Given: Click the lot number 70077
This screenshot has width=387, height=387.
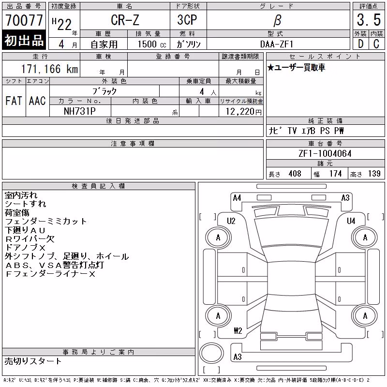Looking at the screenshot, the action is [24, 20].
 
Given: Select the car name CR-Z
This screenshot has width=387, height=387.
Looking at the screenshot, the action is [125, 20].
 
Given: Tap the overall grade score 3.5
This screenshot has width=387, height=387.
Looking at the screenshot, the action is [369, 20].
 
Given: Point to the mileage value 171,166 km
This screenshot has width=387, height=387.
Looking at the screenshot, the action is [50, 69].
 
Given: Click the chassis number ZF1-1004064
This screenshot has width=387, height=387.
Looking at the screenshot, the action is [325, 153].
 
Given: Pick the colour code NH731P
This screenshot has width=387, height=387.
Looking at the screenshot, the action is [79, 111].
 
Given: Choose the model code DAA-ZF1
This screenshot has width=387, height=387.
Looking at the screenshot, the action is [277, 44].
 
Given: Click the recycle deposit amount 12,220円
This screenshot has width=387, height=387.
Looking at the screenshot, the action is [243, 112].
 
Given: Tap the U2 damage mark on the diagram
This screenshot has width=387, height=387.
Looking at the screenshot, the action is [231, 221].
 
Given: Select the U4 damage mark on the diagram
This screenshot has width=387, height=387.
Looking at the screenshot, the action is [351, 221].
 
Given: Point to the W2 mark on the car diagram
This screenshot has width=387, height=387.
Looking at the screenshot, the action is [238, 331].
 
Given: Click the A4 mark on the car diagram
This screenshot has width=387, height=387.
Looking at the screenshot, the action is [237, 198].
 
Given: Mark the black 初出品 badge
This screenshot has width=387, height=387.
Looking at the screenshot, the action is [24, 40].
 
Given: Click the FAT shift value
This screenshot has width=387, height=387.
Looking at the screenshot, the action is [14, 101].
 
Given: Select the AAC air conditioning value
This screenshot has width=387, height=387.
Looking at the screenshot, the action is [37, 101].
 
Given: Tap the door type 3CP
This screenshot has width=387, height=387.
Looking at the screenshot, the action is [187, 20].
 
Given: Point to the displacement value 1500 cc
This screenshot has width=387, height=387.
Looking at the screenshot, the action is [152, 44].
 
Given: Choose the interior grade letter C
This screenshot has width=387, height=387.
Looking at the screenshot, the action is [376, 44].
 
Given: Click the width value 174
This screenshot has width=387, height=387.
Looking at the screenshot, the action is [335, 174].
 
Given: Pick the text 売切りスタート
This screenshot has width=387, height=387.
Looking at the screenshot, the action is [33, 361].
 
